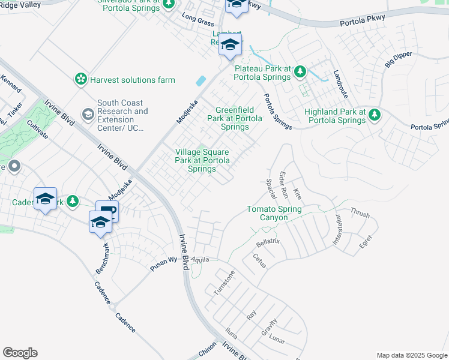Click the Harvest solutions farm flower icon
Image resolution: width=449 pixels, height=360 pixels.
(80, 79)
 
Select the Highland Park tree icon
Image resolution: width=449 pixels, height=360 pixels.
(375, 114)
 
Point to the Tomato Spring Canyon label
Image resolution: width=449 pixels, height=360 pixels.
(274, 214)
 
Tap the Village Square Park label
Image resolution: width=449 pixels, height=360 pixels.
(202, 161)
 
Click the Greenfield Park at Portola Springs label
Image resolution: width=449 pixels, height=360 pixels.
(235, 118)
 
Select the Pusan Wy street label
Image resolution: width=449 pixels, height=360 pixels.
(164, 263)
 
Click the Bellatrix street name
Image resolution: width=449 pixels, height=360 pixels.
(268, 244)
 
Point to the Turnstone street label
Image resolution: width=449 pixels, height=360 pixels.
(224, 283)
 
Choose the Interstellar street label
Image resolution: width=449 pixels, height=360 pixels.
(340, 229)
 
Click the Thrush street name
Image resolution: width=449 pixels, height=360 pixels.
(360, 213)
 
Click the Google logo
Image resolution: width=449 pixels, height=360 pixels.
(20, 353)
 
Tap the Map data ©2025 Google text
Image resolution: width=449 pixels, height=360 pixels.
(412, 355)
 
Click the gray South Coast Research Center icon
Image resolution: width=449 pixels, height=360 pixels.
(88, 114)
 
